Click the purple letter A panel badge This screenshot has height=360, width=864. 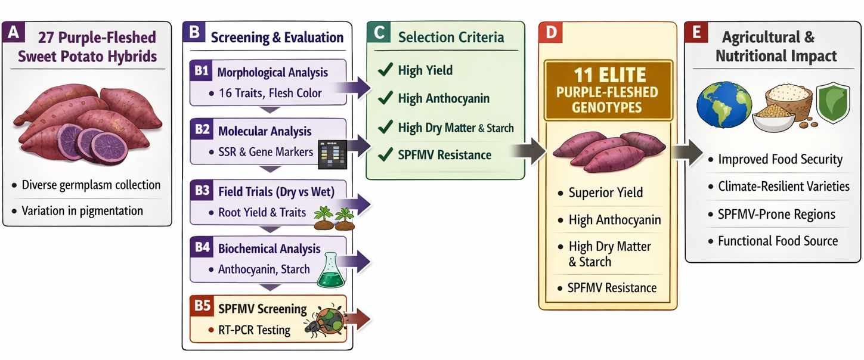14,32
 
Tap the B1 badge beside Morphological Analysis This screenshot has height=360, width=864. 201,70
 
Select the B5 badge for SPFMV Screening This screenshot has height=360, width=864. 202,306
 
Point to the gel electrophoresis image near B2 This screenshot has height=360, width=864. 332,154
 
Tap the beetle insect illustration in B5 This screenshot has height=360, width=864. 325,322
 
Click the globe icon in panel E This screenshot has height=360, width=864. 724,105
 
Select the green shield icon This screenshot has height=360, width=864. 833,103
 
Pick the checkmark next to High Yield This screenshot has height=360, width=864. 385,70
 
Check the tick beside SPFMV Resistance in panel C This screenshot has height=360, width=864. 385,154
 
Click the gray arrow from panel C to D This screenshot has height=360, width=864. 528,151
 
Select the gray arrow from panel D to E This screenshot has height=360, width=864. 687,152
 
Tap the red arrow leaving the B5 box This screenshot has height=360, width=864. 358,319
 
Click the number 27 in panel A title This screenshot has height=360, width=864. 46,38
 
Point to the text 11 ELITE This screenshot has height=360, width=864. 609,75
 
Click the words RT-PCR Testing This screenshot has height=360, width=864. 254,330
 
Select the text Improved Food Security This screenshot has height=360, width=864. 781,159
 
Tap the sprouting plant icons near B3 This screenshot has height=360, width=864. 334,219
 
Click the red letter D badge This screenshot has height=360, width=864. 551,32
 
